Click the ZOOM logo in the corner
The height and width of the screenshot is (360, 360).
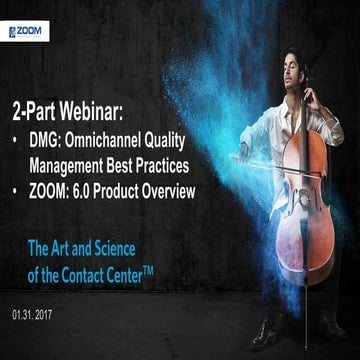click(x=27, y=31)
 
